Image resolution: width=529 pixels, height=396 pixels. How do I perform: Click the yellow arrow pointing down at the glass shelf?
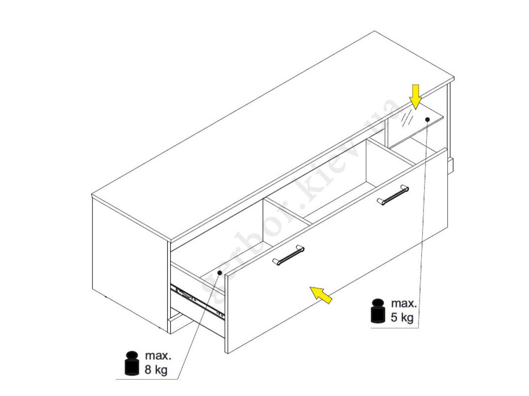pos(415,97)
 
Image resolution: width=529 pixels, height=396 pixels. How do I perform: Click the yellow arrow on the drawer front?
pos(321,295)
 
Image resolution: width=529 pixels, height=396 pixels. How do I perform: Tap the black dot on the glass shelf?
pos(427,119)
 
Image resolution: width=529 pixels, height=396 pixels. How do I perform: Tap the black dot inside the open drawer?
pos(220,273)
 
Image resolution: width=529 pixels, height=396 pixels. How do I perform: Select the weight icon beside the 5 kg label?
pos(378,311)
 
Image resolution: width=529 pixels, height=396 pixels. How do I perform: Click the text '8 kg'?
pos(156,370)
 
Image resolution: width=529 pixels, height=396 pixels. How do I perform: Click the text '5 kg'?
pos(402,317)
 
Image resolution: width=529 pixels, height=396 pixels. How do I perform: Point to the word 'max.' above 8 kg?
pos(158,356)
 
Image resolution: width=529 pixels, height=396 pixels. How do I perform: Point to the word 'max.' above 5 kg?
pos(404,304)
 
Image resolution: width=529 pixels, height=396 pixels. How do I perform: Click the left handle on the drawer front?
pos(288,255)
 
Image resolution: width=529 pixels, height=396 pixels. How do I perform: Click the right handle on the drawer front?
pos(393,195)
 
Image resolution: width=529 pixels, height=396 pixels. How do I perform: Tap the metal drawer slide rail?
pos(197,301)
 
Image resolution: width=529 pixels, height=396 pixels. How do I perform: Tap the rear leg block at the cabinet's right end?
pos(450,166)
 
